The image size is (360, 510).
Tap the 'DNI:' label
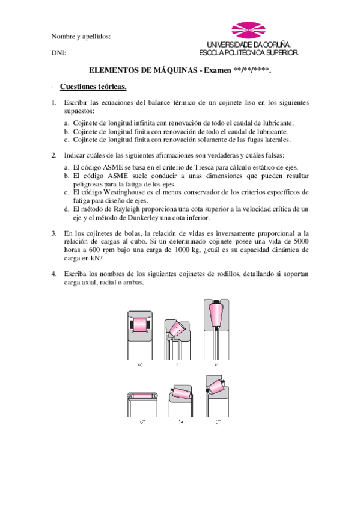59,54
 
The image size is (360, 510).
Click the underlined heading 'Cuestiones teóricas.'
93,86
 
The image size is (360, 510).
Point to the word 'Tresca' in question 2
200,167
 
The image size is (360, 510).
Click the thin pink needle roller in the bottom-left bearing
142,396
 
